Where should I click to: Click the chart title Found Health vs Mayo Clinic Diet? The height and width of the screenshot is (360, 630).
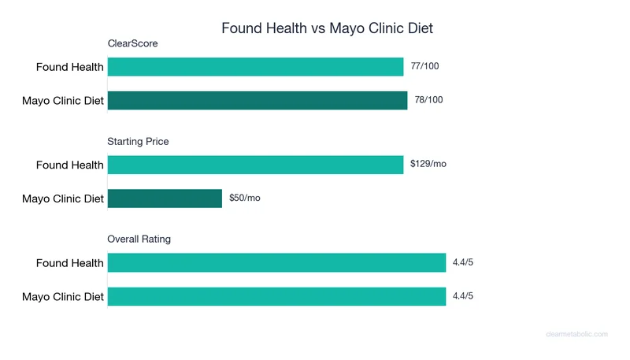click(327, 28)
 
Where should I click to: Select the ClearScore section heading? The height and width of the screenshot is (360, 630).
click(132, 44)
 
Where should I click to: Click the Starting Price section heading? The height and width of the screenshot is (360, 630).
click(138, 142)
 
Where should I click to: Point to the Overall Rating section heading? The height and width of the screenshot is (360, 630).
click(139, 239)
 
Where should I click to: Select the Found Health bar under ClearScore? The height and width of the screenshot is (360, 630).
click(255, 67)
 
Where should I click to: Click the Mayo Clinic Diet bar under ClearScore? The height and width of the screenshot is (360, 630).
click(258, 100)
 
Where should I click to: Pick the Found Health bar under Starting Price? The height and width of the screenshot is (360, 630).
click(255, 165)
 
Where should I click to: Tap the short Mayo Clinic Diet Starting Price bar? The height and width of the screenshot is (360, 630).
click(165, 199)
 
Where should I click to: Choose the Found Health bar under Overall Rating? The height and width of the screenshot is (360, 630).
click(276, 263)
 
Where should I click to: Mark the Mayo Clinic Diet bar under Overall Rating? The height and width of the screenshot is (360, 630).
click(276, 296)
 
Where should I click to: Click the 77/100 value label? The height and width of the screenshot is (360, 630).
click(424, 67)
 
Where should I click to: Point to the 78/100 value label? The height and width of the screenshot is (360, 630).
click(428, 100)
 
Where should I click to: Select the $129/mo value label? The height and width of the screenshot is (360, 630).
click(428, 165)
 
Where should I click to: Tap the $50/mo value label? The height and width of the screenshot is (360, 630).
click(244, 199)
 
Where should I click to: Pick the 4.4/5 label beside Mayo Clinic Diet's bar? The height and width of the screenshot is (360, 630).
click(463, 296)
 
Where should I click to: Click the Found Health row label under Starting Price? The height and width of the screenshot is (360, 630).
click(69, 165)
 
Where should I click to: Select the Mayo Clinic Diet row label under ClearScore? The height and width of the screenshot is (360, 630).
click(63, 100)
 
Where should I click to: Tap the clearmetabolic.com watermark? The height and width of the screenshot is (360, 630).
click(576, 334)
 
